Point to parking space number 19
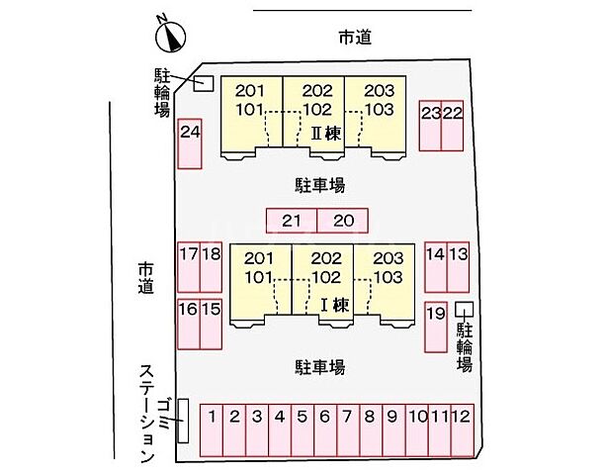pos(435,327)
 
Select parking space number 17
pos(188,267)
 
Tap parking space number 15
pos(211,324)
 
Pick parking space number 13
pos(459,267)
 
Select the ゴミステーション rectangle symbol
pos(182,421)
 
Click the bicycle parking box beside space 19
pos(464,310)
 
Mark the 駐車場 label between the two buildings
pos(319,184)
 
